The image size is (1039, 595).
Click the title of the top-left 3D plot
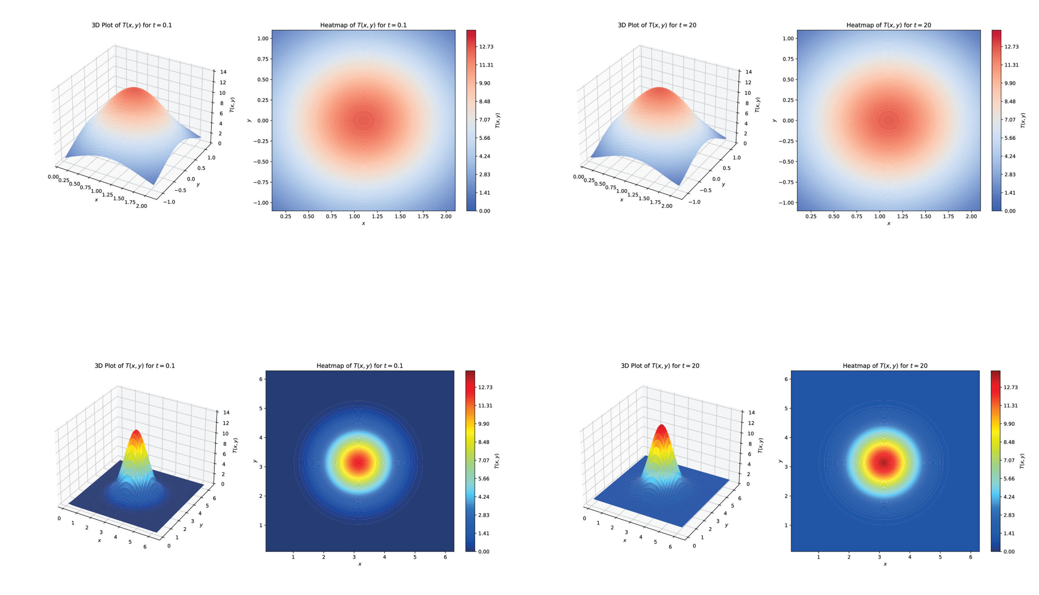(x=131, y=25)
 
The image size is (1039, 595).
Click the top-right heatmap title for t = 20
(x=888, y=25)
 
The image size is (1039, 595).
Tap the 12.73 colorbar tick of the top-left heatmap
(x=486, y=47)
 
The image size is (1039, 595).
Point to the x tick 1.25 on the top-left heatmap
(x=377, y=216)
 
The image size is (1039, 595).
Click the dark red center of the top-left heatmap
(x=363, y=121)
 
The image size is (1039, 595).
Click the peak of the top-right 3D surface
(x=659, y=88)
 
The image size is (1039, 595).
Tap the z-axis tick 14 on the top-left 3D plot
(x=223, y=71)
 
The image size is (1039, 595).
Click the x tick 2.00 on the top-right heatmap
(x=971, y=216)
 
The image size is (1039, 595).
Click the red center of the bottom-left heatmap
(x=359, y=462)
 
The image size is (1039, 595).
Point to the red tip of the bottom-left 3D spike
(x=136, y=431)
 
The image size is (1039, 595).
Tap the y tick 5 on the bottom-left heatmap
(x=260, y=408)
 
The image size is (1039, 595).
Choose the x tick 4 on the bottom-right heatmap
(x=910, y=556)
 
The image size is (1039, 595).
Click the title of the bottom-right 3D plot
(x=660, y=366)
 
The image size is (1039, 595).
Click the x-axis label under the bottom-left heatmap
(x=360, y=564)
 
